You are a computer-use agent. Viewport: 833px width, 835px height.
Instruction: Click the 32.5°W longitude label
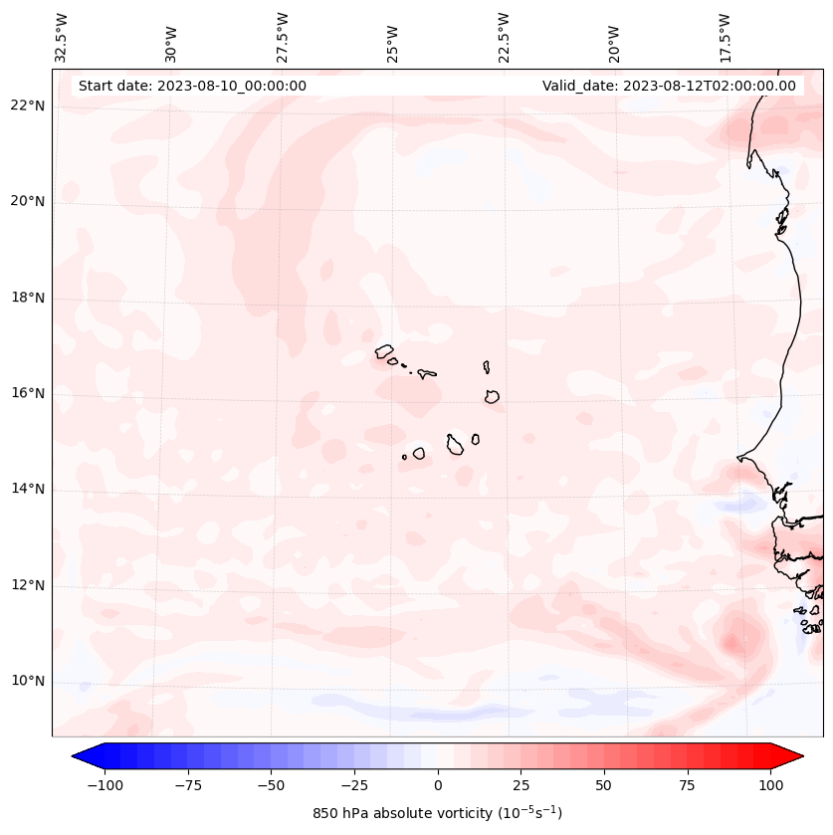(x=62, y=38)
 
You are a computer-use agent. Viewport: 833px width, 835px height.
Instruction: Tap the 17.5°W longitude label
(x=725, y=38)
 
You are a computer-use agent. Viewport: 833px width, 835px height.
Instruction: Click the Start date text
(x=192, y=86)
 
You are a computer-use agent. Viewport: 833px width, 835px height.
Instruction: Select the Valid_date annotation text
(x=669, y=86)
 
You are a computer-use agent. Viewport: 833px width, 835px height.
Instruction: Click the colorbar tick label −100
(x=104, y=785)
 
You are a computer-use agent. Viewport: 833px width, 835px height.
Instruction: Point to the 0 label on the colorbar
(x=438, y=785)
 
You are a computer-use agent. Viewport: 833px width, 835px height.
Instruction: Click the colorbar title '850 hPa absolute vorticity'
(x=437, y=813)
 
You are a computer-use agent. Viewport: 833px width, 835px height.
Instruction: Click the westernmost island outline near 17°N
(x=384, y=350)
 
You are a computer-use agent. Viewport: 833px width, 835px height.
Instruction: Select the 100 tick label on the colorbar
(x=770, y=785)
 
